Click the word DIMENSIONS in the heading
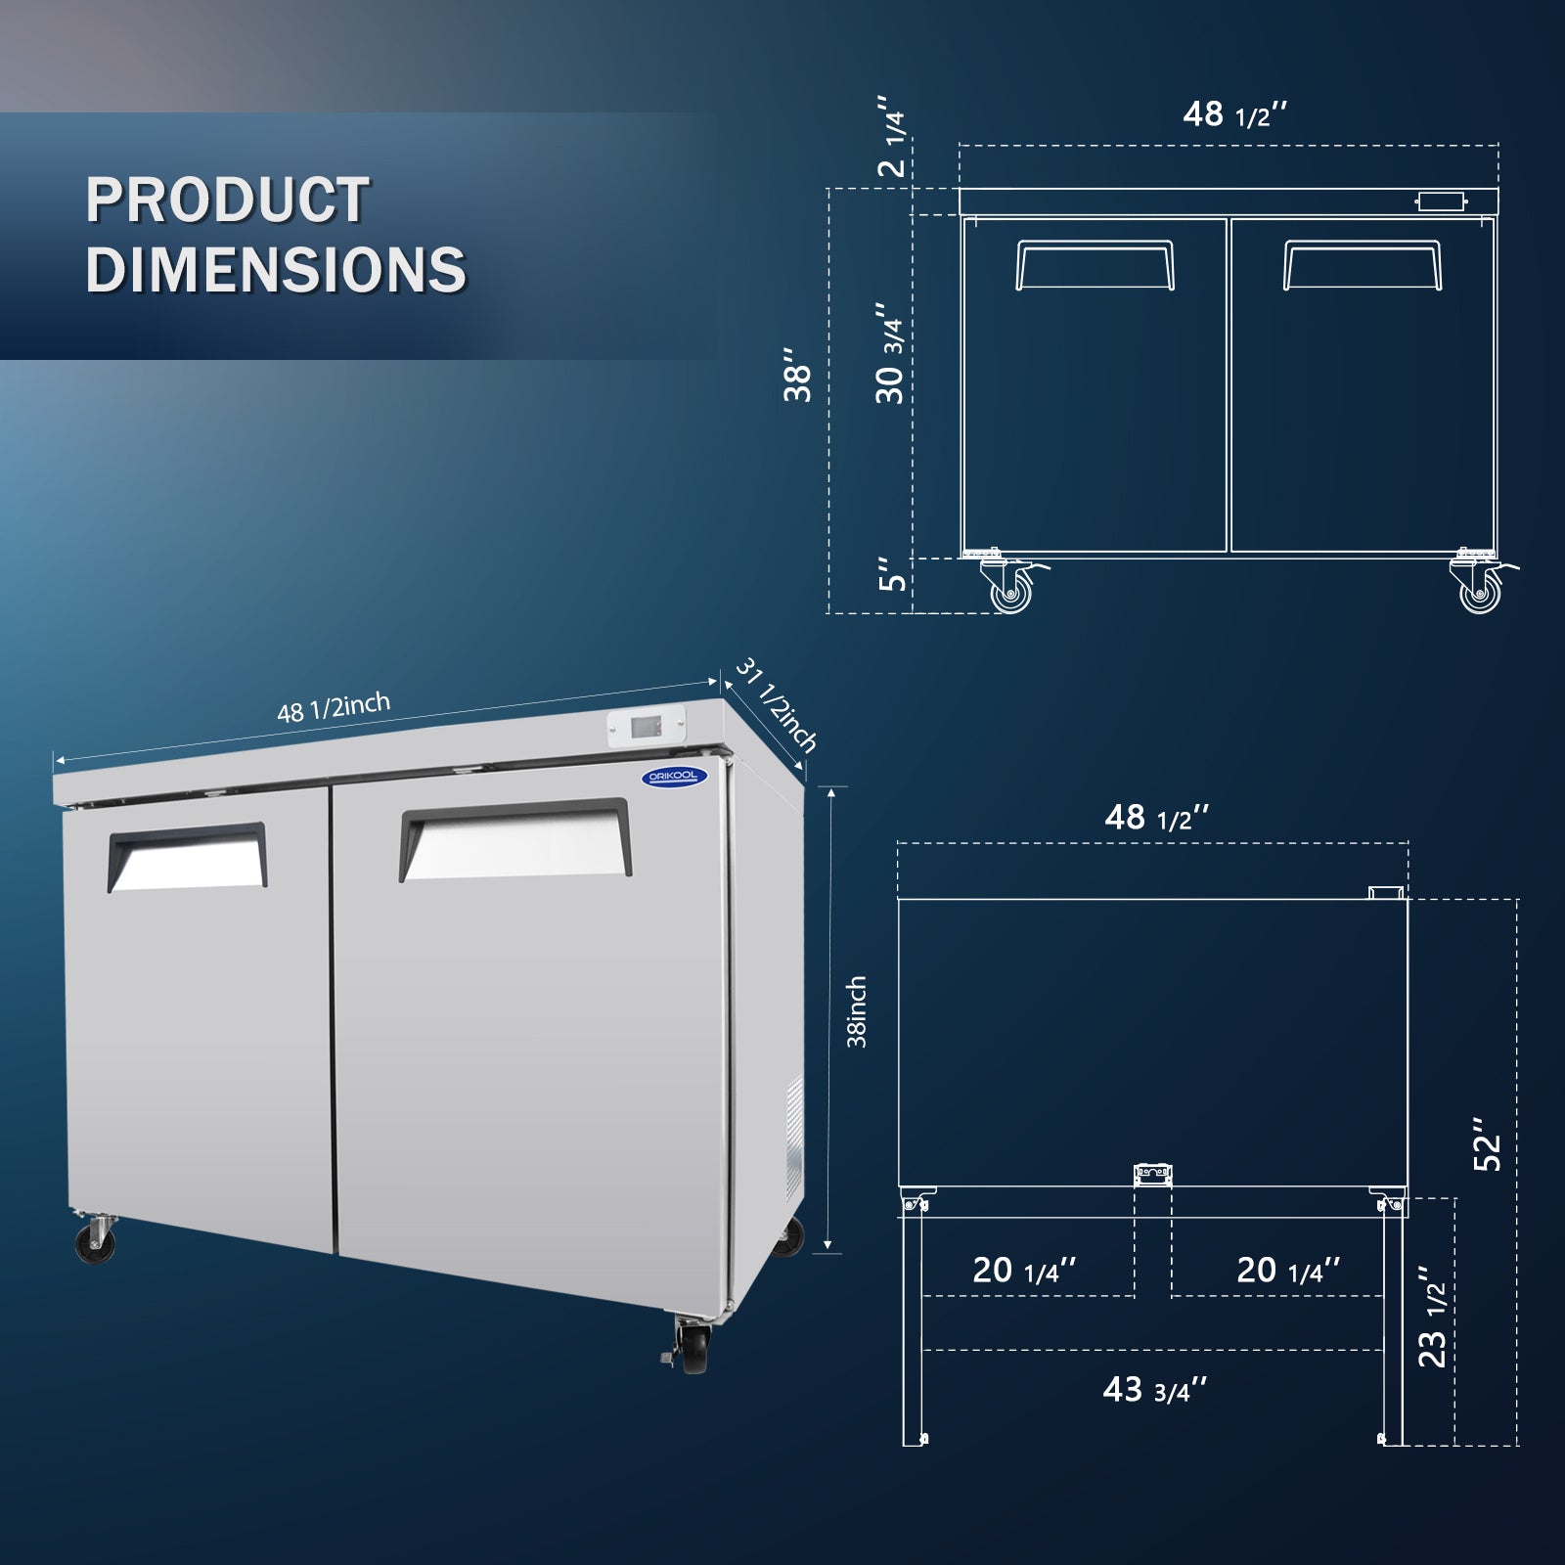click(276, 270)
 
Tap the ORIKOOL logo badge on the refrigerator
click(674, 776)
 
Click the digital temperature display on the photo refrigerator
click(646, 727)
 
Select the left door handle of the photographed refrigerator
click(187, 857)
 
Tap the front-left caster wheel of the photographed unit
click(95, 1240)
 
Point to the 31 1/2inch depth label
click(776, 705)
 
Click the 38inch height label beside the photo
click(857, 1011)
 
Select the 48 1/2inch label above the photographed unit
click(333, 707)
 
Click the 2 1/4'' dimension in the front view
click(892, 137)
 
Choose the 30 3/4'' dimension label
click(890, 352)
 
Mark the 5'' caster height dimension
click(892, 575)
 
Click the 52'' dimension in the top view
click(1488, 1144)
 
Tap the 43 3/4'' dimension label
click(1154, 1390)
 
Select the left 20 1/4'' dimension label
click(1024, 1271)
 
